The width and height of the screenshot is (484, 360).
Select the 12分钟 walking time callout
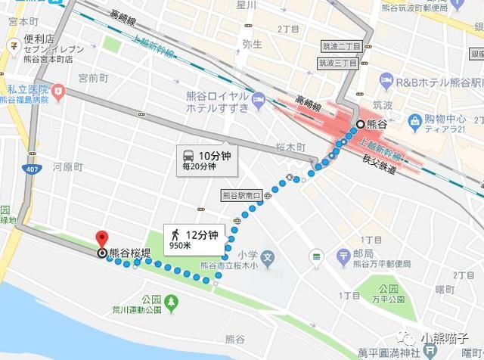click(x=194, y=237)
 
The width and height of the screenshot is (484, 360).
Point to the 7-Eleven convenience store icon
click(x=13, y=45)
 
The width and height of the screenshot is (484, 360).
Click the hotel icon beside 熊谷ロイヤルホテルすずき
click(x=258, y=99)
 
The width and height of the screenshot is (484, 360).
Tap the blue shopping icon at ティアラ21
click(x=415, y=119)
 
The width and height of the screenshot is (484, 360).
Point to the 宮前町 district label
click(x=94, y=77)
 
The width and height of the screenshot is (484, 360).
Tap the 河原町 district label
click(x=67, y=166)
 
